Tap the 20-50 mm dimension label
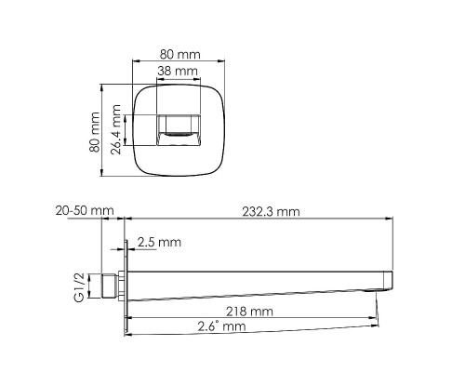(x=85, y=212)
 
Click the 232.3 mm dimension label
(x=271, y=212)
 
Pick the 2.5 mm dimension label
(x=159, y=242)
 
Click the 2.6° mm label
(x=221, y=326)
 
